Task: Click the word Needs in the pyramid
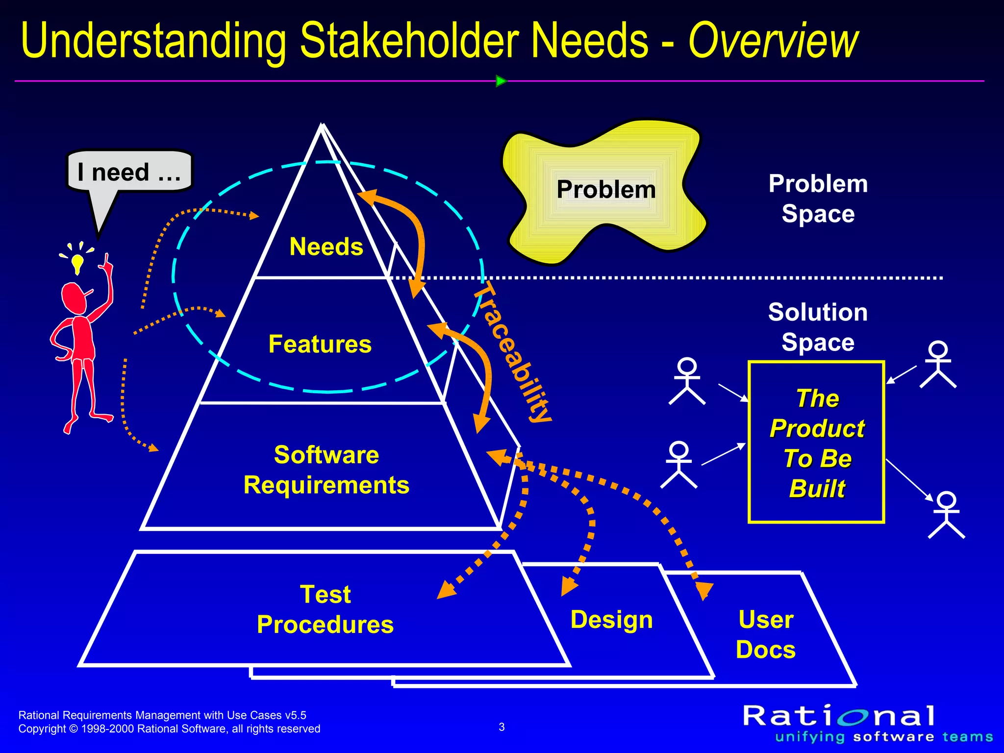[326, 247]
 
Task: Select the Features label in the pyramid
[320, 344]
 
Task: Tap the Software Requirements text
[326, 470]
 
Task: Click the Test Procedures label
[325, 609]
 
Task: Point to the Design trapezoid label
[611, 620]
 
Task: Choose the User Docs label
[765, 634]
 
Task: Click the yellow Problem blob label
[606, 190]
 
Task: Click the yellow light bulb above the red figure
[77, 263]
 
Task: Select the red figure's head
[74, 298]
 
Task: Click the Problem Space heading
[818, 199]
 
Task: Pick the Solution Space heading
[818, 327]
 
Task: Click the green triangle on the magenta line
[501, 81]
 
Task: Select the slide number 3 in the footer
[502, 727]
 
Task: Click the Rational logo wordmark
[839, 716]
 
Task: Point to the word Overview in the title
[773, 41]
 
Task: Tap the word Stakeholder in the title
[409, 41]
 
